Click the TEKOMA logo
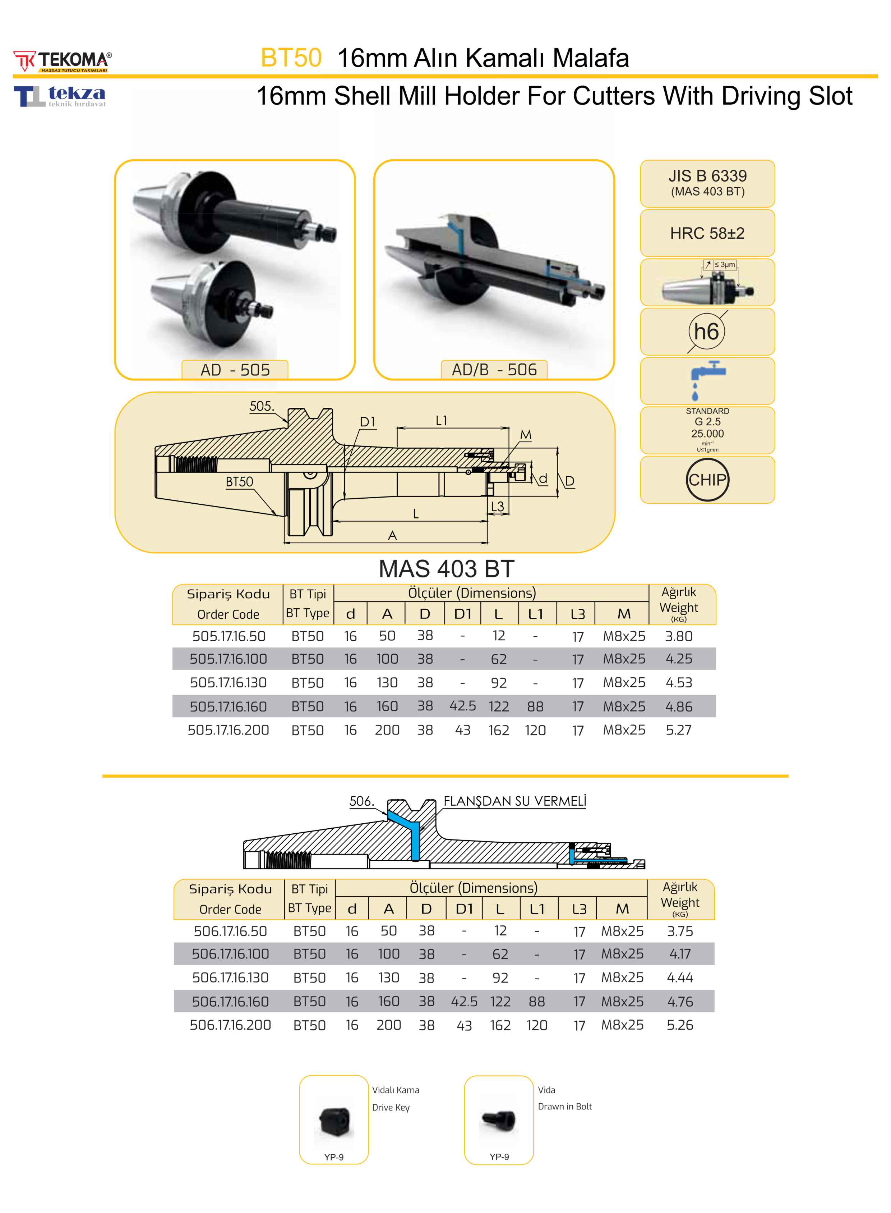pos(63,61)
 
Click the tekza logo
pos(60,96)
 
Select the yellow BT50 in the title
pos(291,58)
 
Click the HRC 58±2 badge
pos(707,233)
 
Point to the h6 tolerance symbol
pos(707,331)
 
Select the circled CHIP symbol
pos(707,480)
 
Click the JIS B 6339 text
pos(708,176)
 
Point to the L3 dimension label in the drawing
pos(497,506)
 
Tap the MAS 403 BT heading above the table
pos(447,569)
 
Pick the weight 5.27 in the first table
pos(679,730)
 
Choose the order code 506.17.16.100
pos(230,954)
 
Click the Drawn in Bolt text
pos(565,1106)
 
